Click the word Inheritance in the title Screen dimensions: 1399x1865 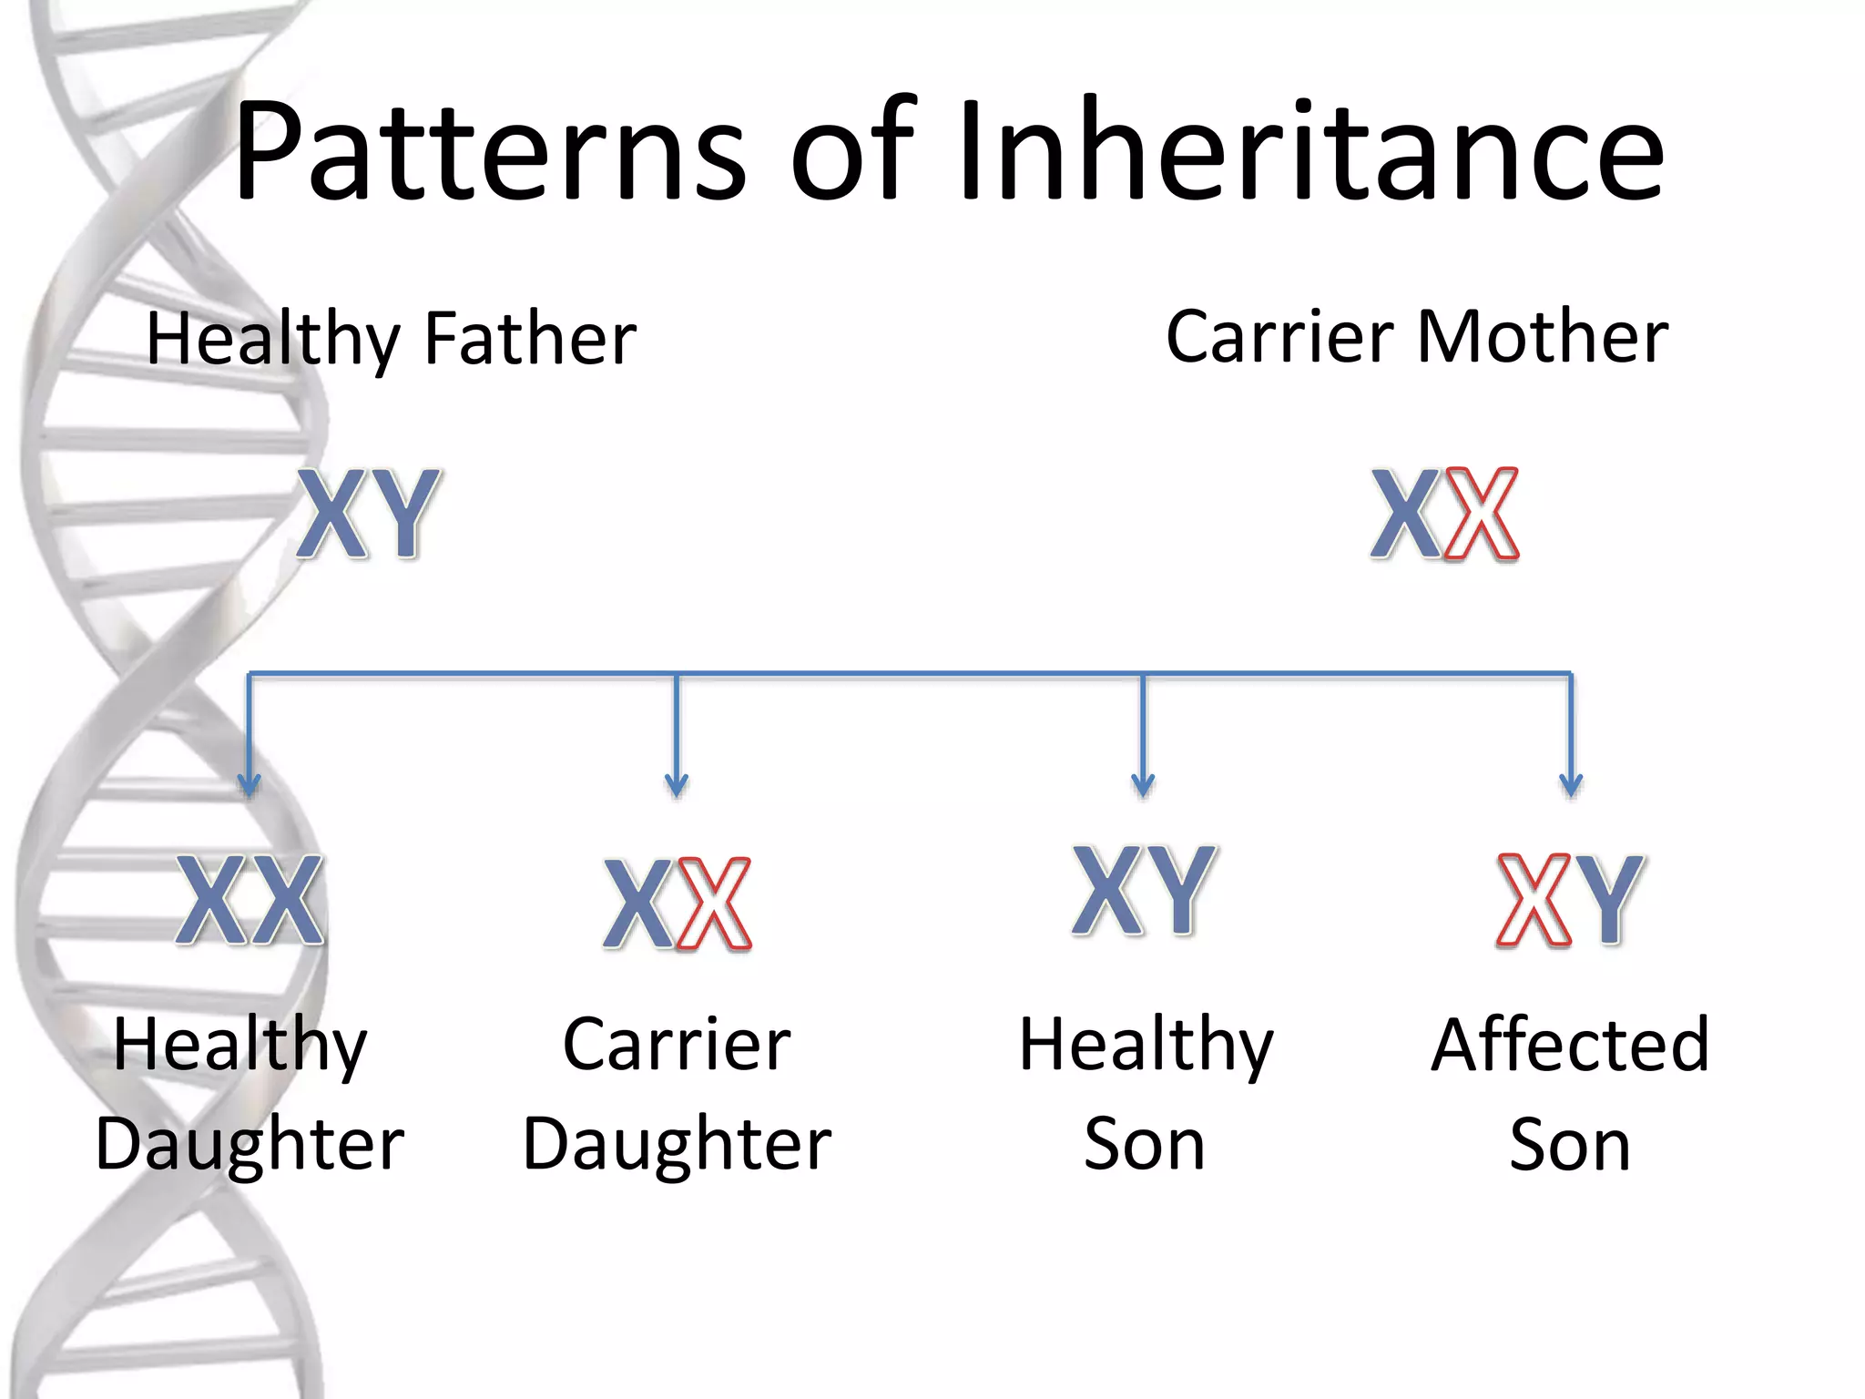tap(1311, 150)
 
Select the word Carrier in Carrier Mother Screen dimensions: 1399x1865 tap(1279, 337)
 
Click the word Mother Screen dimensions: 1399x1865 tap(1543, 337)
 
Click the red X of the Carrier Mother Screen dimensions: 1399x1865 tap(1482, 513)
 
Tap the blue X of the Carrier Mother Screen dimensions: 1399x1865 tap(1408, 513)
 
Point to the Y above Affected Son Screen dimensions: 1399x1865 tap(1608, 900)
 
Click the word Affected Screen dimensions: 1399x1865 tap(1570, 1045)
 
